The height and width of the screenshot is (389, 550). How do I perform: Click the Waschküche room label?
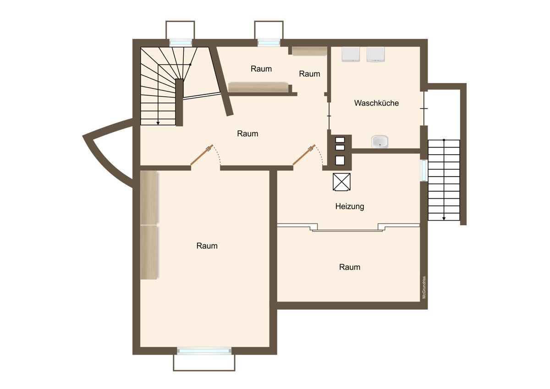(x=376, y=103)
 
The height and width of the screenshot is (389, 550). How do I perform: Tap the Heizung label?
(x=350, y=206)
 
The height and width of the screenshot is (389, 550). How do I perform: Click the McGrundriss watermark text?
(x=424, y=288)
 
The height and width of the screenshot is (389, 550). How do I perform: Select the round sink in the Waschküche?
(x=379, y=142)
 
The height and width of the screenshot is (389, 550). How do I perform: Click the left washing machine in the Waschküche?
(x=351, y=54)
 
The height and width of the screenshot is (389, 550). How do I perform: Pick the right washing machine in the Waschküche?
(x=375, y=54)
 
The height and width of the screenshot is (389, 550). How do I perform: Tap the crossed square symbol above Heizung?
(x=341, y=182)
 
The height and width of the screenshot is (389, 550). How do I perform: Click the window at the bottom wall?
(x=204, y=351)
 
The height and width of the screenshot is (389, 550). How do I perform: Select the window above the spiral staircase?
(x=181, y=43)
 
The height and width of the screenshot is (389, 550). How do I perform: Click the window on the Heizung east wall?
(x=424, y=170)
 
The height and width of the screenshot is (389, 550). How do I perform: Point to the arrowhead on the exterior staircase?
(x=444, y=218)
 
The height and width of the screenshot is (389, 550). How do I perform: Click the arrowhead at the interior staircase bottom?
(x=158, y=123)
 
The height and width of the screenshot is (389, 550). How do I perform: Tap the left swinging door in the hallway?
(x=202, y=155)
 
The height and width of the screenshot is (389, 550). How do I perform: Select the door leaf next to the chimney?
(x=304, y=155)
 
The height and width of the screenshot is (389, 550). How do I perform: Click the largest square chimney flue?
(x=340, y=160)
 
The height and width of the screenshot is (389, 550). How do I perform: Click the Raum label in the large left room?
(x=207, y=246)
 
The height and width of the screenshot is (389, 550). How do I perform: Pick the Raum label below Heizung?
(x=350, y=267)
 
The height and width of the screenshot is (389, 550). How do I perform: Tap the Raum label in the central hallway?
(x=247, y=133)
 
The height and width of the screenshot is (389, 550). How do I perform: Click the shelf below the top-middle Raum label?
(x=258, y=87)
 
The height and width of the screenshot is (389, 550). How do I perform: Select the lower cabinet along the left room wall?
(x=149, y=252)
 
